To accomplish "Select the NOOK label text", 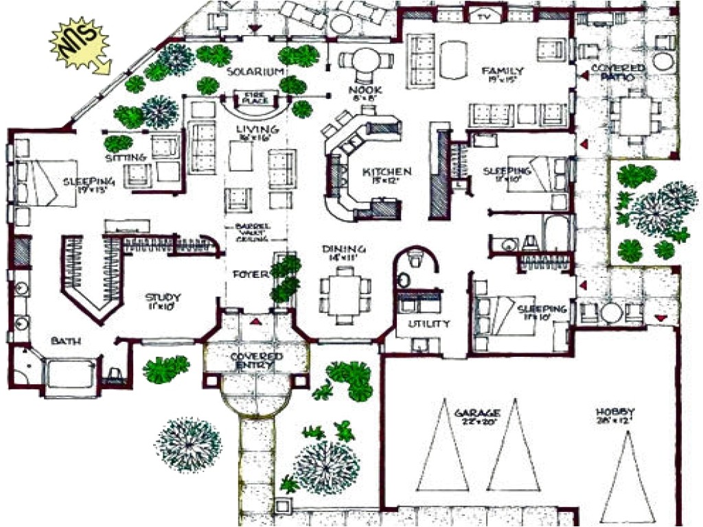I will point(360,90).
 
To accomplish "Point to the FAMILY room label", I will point(503,71).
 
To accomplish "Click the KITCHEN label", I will point(387,172).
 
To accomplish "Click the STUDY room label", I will point(162,297).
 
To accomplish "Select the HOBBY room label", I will point(614,412).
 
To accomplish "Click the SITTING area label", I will point(127,157).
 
